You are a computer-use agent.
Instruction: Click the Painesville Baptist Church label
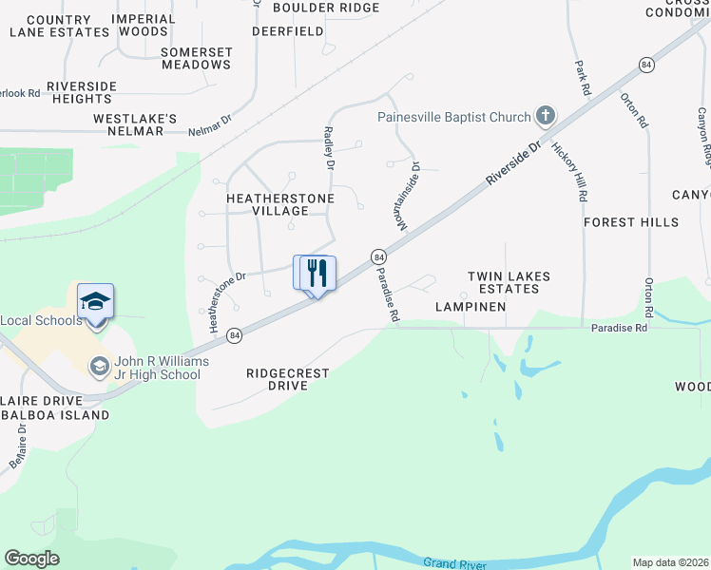click(x=453, y=118)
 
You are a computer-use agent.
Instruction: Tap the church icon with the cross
click(x=545, y=117)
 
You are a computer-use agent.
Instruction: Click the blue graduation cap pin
click(x=95, y=302)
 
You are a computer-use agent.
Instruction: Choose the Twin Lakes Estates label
click(x=509, y=282)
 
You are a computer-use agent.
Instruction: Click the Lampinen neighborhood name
click(x=471, y=307)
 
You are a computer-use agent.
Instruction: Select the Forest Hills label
click(x=631, y=222)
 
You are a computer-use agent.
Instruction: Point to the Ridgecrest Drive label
click(x=288, y=380)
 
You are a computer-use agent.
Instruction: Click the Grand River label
click(x=455, y=563)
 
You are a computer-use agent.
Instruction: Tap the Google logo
click(x=31, y=559)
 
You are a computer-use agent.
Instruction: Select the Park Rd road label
click(x=580, y=76)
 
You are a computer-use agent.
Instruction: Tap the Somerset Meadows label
click(x=196, y=58)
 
